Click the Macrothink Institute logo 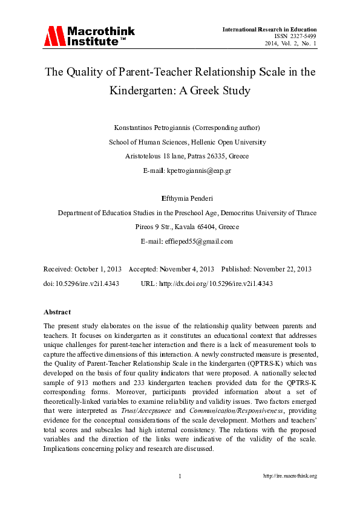[88, 36]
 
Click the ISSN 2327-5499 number [295, 36]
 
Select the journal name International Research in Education [269, 29]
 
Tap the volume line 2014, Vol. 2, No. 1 [290, 44]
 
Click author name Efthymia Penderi [186, 198]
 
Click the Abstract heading [57, 312]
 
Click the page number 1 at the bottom [180, 476]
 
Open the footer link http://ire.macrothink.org [290, 476]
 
